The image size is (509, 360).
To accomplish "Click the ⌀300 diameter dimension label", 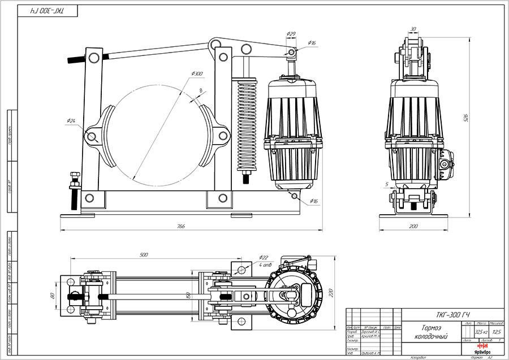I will pos(197,73).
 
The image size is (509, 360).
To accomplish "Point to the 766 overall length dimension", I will pos(180,225).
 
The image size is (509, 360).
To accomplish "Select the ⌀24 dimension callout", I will pos(71,121).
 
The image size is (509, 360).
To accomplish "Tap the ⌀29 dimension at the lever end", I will pos(292,34).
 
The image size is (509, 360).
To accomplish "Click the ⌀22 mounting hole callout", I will pos(264,257).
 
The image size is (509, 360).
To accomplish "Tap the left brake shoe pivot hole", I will pos(90,136).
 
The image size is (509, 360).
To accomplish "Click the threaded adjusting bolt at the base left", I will pos(74,192).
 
